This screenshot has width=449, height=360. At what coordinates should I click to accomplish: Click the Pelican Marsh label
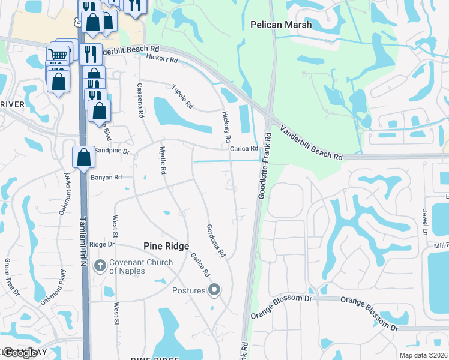pos(280,25)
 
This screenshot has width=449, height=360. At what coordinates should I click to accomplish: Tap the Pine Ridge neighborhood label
pos(166,246)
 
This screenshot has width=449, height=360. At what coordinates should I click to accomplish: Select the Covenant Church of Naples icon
pos(100,263)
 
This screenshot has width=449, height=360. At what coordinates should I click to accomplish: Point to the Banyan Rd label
pos(106,178)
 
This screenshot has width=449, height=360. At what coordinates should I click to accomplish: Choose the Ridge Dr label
pos(101,244)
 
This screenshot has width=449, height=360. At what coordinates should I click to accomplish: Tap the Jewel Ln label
pos(424,223)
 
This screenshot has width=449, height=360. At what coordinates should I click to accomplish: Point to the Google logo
pos(20,352)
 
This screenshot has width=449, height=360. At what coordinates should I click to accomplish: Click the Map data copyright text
pos(423,355)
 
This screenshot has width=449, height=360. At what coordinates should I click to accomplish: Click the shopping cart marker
pos(58,56)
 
